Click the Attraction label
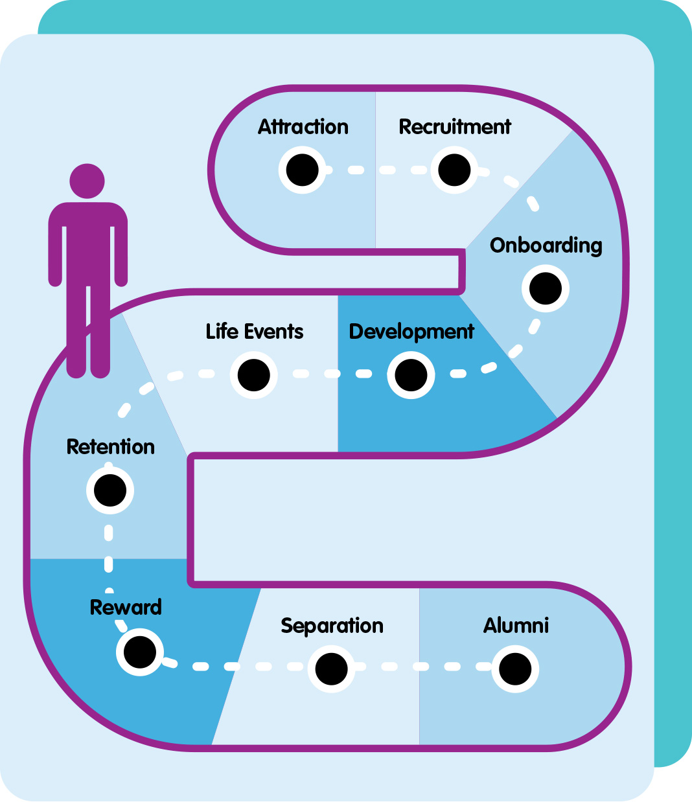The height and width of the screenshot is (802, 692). (303, 127)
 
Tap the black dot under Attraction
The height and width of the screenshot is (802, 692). (303, 170)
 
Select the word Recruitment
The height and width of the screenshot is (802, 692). (455, 127)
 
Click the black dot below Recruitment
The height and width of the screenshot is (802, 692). (454, 170)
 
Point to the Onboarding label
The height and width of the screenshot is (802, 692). (546, 246)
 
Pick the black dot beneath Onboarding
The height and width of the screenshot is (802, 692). (546, 288)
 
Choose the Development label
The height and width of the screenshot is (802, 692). (411, 332)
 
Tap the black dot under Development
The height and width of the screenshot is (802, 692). (411, 375)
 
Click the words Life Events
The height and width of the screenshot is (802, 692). (255, 332)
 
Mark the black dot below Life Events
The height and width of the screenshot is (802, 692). (254, 375)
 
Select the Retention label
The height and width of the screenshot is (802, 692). (111, 447)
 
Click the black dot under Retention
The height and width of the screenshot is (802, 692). (110, 490)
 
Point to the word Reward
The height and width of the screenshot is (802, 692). (126, 608)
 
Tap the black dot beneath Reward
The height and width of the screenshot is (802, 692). (140, 652)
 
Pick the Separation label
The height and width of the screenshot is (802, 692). (332, 626)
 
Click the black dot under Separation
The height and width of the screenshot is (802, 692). (332, 669)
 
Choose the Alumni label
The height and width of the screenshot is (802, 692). (516, 626)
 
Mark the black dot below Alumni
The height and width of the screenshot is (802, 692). (515, 669)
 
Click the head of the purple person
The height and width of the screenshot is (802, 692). (87, 180)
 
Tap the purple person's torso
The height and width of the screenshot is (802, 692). (88, 246)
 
